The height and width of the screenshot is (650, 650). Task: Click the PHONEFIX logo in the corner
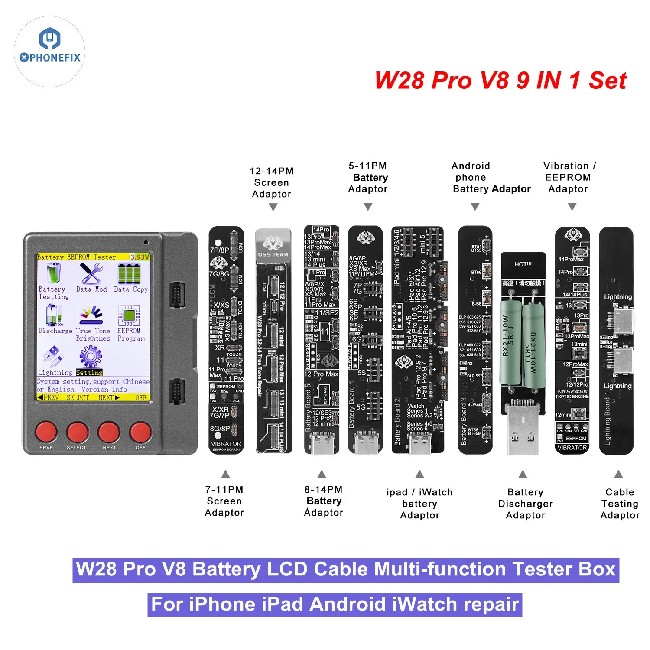pos(49,51)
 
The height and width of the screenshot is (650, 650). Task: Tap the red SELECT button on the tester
pos(77,432)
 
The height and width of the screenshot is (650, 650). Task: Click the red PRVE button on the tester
pos(46,432)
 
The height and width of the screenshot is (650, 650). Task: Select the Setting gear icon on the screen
pos(90,357)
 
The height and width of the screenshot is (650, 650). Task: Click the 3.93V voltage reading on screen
pos(140,257)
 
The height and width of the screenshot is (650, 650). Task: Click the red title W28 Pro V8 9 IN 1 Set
pos(500,80)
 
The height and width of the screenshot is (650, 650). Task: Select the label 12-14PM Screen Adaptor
pos(272,182)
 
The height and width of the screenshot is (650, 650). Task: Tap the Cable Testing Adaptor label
pos(620,504)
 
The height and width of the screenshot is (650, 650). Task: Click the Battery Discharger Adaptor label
pos(525,504)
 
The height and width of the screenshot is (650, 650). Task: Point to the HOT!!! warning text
pos(523,264)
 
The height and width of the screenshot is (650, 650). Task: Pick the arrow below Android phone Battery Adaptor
pos(475,207)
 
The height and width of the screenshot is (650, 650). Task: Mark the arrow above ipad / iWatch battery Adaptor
pos(419,474)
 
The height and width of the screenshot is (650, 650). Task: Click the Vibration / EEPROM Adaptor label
pos(569,177)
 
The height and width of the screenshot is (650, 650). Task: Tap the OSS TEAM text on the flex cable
pos(273,254)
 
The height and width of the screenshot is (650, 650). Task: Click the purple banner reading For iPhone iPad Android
pos(335,604)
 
